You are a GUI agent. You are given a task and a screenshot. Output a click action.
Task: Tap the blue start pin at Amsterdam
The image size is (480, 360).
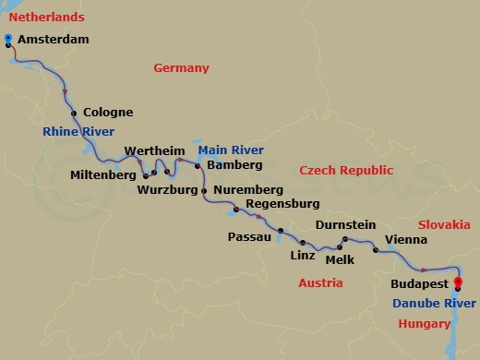(8, 40)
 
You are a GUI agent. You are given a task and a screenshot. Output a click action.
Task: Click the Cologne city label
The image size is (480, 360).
(108, 113)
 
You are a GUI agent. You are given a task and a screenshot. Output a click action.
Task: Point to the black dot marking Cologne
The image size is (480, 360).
(73, 112)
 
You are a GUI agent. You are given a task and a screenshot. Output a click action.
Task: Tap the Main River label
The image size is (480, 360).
(231, 150)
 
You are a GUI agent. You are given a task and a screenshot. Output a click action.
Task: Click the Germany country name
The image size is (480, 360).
(181, 68)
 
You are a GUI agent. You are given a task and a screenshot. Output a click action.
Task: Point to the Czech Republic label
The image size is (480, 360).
(346, 171)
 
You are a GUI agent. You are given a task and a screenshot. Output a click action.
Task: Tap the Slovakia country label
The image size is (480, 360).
(444, 225)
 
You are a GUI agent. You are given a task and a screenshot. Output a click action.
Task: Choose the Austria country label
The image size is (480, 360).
(320, 283)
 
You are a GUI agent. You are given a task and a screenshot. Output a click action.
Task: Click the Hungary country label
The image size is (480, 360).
(425, 323)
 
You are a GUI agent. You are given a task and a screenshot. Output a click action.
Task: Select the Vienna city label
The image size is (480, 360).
(406, 238)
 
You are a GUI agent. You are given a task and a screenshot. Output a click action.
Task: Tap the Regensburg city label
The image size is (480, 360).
(282, 203)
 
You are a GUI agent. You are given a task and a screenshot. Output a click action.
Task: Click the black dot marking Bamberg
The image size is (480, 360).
(198, 166)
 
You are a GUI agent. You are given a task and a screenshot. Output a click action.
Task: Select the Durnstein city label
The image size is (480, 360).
(345, 224)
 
